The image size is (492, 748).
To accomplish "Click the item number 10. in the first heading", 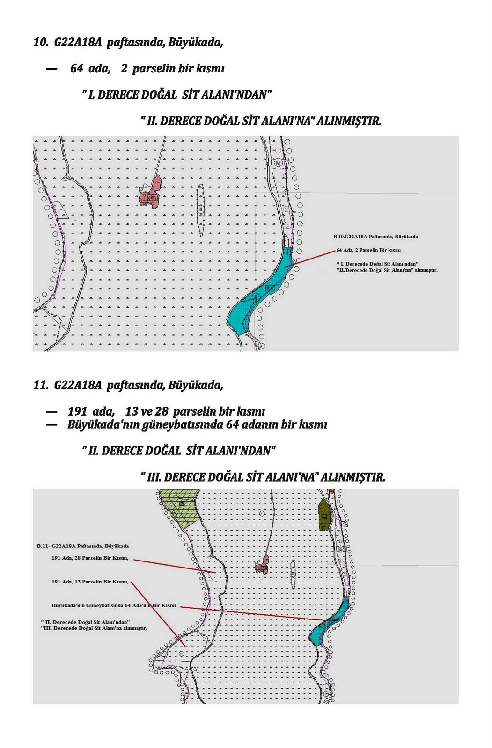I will (x=41, y=43).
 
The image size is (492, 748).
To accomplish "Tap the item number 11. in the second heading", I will (x=41, y=385).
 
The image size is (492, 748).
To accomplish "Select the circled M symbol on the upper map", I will (x=278, y=163).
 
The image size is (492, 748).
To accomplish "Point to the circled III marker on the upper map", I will (x=200, y=209).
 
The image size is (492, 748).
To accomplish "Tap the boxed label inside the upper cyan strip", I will (x=269, y=288).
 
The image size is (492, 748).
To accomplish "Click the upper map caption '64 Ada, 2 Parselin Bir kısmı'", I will (x=368, y=250).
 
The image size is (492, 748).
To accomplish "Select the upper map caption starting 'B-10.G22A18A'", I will (x=375, y=237).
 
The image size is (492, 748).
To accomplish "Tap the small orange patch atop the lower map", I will (x=331, y=490).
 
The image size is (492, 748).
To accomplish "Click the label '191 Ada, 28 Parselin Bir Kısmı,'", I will (x=89, y=558).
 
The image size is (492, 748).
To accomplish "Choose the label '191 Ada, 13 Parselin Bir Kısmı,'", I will (x=89, y=582).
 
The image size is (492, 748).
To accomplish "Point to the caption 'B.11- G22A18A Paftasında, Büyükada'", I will (x=82, y=546).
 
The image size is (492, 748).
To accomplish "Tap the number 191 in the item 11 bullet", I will (x=77, y=411).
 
